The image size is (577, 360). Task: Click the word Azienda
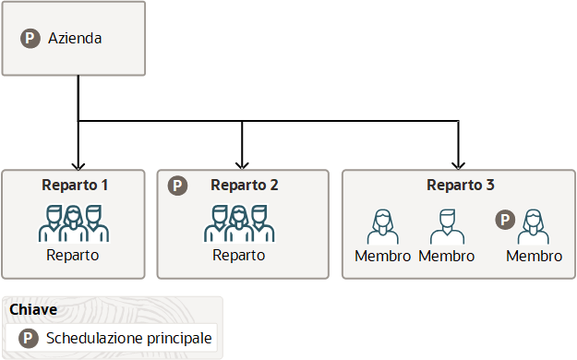75,39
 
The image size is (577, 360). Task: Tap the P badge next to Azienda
30,39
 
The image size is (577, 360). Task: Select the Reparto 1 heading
75,185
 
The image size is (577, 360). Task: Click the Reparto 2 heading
245,185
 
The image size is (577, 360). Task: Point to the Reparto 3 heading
460,185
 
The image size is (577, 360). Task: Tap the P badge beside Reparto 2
178,185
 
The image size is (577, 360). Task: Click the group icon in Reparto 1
74,222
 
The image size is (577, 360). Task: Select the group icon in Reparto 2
239,222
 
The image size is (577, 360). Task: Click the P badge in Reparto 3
505,220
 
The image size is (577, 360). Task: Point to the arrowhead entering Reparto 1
78,162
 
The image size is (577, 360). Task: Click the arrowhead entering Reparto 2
242,162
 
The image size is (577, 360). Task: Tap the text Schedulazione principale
129,339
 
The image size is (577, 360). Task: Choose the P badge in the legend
28,339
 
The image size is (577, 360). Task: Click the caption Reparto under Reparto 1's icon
73,255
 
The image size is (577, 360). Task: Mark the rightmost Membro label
534,256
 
